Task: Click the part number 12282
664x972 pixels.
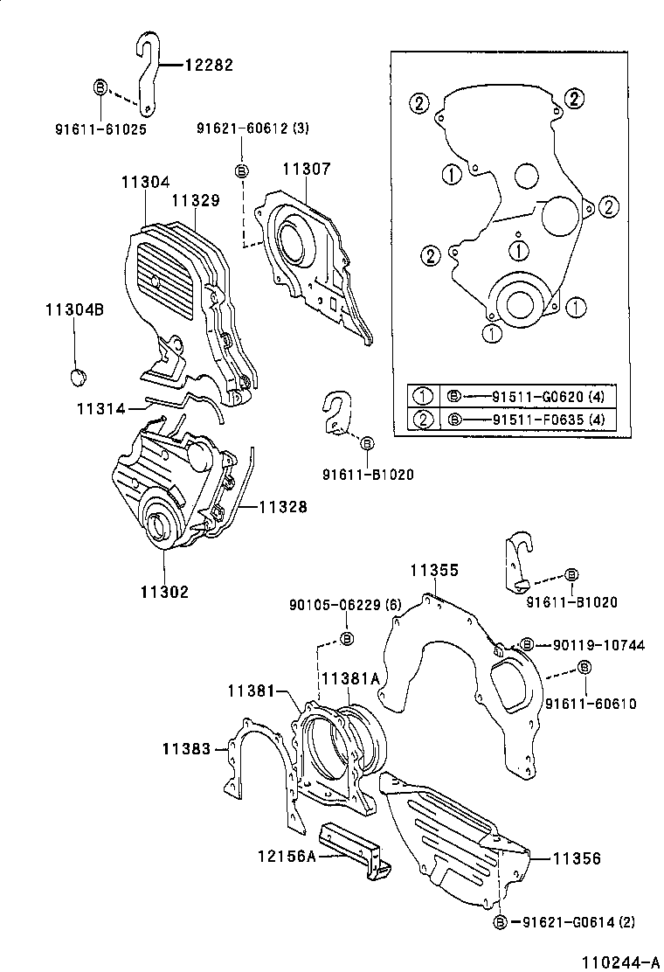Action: (x=209, y=64)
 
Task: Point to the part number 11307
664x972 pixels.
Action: (x=306, y=169)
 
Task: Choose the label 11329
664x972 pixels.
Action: (x=195, y=200)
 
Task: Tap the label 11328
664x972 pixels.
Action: (x=282, y=506)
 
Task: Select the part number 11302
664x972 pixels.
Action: (x=164, y=591)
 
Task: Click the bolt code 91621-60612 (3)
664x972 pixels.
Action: (x=252, y=128)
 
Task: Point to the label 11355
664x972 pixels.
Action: (x=435, y=571)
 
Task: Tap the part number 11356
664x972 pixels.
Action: (x=576, y=859)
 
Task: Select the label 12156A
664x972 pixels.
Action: (x=286, y=857)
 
